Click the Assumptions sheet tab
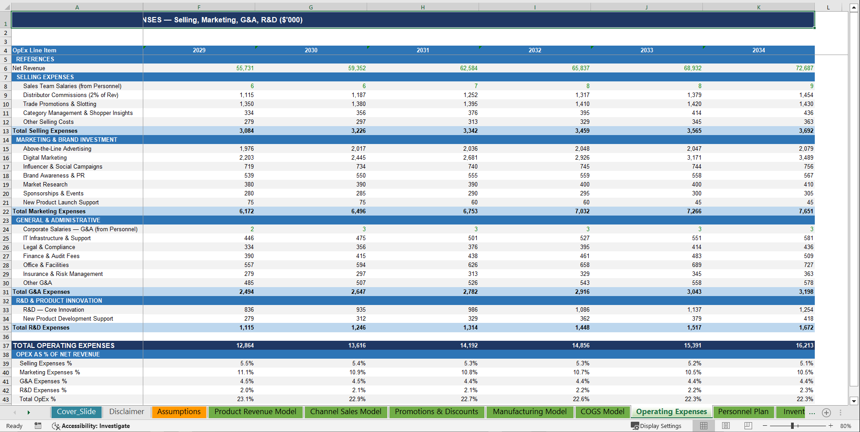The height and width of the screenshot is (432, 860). pos(179,412)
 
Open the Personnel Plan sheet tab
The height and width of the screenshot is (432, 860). pos(743,412)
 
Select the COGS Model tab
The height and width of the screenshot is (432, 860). pos(602,412)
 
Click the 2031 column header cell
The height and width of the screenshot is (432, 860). pos(423,50)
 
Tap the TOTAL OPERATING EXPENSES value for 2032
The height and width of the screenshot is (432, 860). pos(580,345)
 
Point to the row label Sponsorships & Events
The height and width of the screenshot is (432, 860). pos(53,193)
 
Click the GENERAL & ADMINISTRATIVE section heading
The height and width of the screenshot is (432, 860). pos(58,220)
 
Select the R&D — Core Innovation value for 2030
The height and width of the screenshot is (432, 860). pos(360,309)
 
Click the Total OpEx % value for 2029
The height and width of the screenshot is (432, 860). pos(245,399)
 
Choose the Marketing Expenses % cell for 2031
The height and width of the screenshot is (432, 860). pos(469,372)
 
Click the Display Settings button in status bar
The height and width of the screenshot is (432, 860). pos(656,426)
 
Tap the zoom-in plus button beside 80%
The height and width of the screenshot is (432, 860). pos(830,426)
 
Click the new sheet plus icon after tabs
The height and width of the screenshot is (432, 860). pos(826,413)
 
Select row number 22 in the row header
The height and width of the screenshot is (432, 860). pos(6,212)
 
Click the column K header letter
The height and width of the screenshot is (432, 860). pos(758,7)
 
